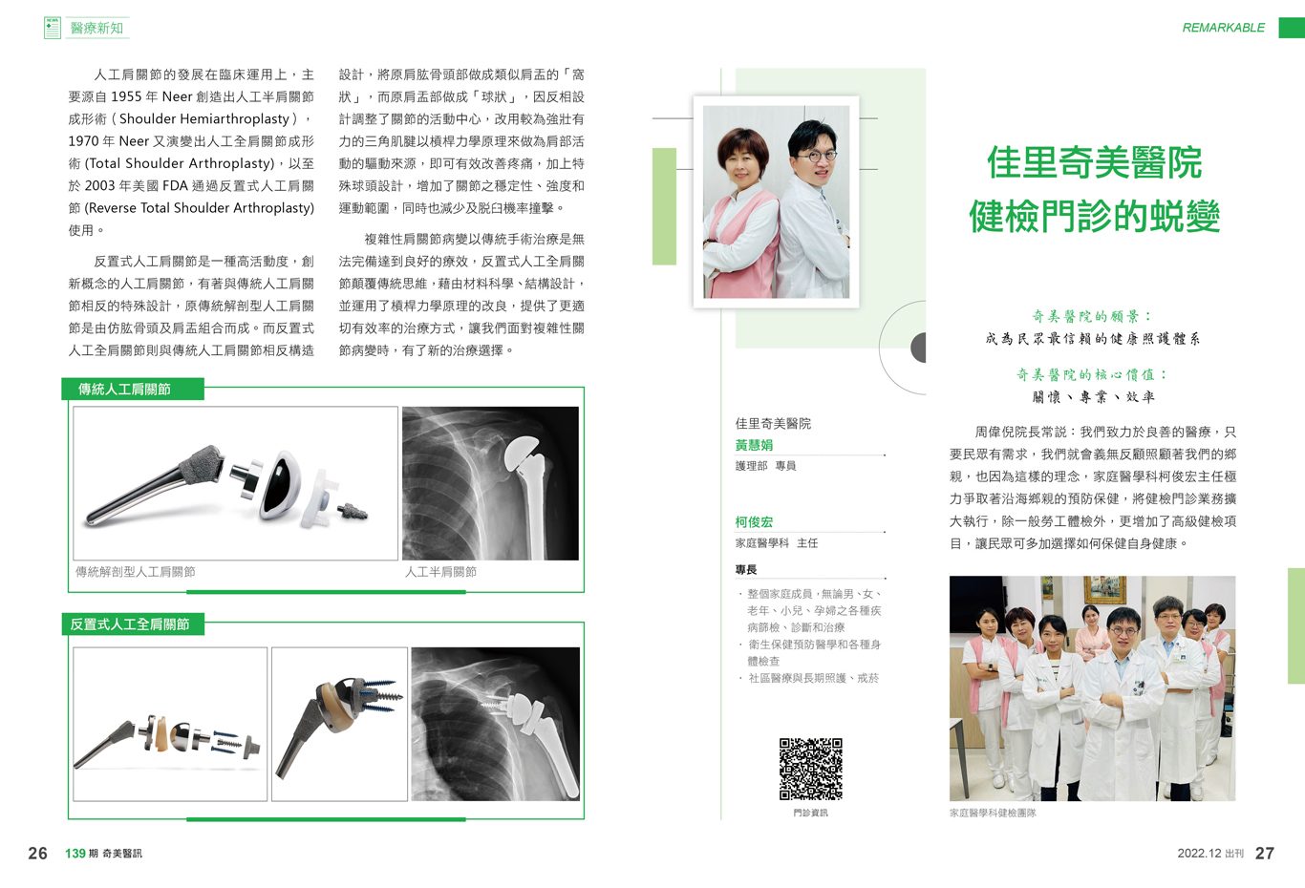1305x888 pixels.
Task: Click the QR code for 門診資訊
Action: point(810,769)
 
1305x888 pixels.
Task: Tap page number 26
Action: point(38,853)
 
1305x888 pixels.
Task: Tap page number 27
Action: point(1264,853)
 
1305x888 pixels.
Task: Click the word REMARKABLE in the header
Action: point(1224,28)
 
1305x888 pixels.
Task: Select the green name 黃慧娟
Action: point(754,446)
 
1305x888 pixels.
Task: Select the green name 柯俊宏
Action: point(754,522)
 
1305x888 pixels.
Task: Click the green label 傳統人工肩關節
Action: point(124,389)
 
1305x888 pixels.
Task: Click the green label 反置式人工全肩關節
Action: point(130,624)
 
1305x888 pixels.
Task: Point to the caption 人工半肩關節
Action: point(441,572)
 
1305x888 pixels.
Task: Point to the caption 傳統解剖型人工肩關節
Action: point(135,572)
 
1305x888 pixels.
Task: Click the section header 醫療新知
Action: point(96,28)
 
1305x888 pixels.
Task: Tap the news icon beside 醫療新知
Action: point(53,28)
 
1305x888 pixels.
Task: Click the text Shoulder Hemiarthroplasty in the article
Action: point(204,118)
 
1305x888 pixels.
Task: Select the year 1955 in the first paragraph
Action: point(126,96)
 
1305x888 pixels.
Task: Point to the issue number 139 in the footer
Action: point(75,854)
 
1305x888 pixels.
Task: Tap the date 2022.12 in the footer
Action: point(1199,854)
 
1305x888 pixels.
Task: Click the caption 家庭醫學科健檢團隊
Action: point(993,813)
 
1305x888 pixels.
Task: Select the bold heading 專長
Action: point(746,570)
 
